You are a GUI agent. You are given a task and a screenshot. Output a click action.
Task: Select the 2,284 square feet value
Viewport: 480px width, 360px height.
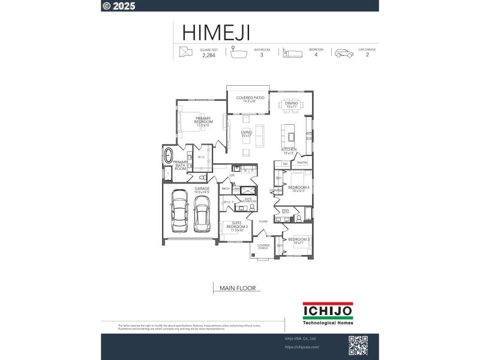point(208,55)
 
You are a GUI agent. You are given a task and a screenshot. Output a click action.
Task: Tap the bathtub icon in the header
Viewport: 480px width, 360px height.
point(238,53)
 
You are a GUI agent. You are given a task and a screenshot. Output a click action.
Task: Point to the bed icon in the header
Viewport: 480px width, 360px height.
point(291,53)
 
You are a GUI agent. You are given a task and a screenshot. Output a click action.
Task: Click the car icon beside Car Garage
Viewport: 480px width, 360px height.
point(344,53)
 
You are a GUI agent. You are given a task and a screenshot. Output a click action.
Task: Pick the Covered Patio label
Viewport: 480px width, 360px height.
point(250,99)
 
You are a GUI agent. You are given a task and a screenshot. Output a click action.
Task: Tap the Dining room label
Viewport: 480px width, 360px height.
point(292,105)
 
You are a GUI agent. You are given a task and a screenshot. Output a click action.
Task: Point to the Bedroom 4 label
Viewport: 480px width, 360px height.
point(298,189)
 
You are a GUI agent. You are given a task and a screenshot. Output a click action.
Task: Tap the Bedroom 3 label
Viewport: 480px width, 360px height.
point(298,241)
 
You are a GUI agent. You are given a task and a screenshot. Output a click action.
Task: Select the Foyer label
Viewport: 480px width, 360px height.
point(263,221)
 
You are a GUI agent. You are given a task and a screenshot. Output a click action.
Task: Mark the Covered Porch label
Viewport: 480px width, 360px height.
point(263,247)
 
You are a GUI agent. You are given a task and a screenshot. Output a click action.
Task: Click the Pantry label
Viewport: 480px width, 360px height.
point(302,163)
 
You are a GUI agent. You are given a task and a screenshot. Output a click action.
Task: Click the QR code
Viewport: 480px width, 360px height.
point(358,345)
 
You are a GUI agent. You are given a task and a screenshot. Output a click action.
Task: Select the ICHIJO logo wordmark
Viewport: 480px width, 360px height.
point(328,310)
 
